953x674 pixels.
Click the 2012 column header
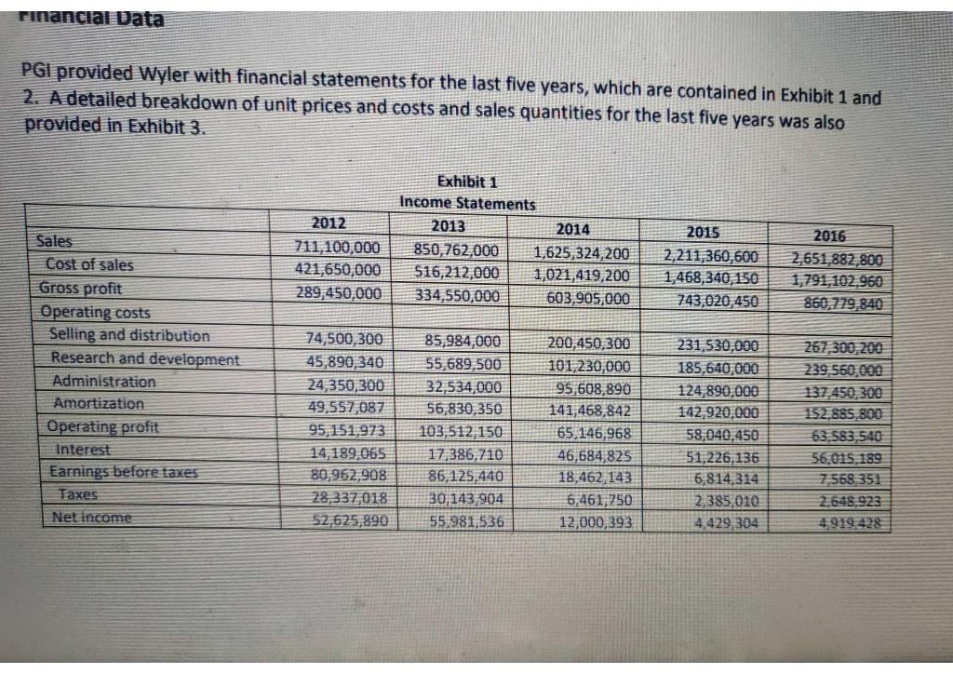[x=328, y=223]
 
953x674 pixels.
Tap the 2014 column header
[x=577, y=229]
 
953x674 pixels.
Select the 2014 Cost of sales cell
[x=582, y=275]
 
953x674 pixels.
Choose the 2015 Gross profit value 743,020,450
[x=711, y=300]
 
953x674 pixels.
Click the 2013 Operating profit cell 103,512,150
[x=463, y=431]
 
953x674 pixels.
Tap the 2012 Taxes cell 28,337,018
[x=344, y=496]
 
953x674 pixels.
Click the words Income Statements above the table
[x=467, y=203]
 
